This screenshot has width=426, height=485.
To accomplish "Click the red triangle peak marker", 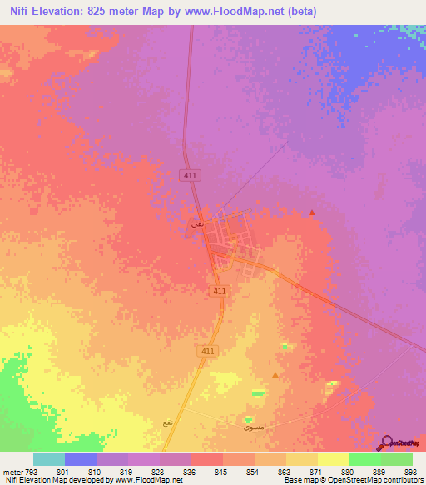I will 312,212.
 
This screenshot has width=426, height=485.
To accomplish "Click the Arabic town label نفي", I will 196,223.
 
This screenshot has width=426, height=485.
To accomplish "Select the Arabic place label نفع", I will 169,423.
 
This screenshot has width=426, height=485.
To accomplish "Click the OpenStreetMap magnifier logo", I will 385,442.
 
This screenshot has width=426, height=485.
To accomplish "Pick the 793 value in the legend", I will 31,472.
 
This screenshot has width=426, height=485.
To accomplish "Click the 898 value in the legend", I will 411,472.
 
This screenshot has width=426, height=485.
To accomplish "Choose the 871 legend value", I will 315,472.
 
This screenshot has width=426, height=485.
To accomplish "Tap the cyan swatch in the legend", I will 48,459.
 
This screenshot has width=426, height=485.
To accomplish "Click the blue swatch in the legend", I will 80,459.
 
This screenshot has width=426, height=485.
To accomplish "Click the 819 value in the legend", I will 126,472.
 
